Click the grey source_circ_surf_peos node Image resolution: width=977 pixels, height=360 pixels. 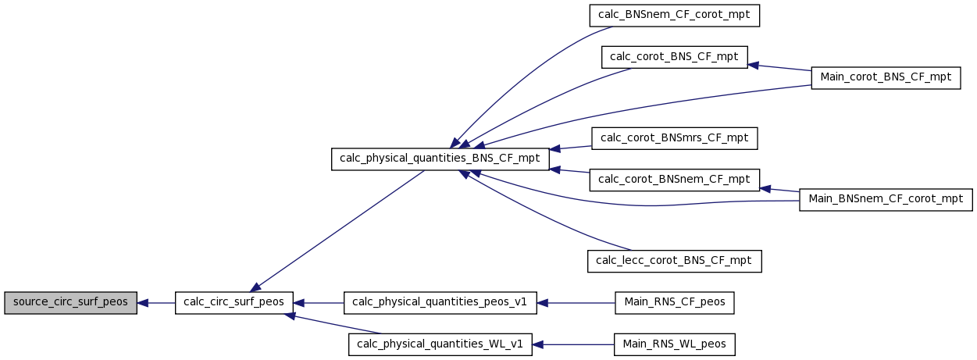[x=70, y=303]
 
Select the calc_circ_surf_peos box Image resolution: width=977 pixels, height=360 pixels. [x=234, y=303]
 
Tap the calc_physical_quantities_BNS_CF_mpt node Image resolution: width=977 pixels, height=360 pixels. [x=440, y=159]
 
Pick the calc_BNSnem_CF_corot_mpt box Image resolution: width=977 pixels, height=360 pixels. [x=674, y=16]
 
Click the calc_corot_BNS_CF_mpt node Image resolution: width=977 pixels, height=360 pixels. [x=674, y=57]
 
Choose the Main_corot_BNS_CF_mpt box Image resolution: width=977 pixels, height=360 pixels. [x=886, y=78]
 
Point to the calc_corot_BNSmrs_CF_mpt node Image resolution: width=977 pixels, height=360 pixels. [x=674, y=138]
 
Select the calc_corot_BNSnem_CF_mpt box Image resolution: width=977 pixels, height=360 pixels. [x=674, y=180]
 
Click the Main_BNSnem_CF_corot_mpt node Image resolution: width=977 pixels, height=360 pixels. [x=886, y=200]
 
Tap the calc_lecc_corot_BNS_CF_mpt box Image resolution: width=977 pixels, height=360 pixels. [x=674, y=262]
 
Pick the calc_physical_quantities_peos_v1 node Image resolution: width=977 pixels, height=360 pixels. [x=440, y=303]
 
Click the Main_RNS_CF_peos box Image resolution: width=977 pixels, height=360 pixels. [x=674, y=303]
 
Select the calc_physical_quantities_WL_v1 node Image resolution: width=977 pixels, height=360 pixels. [x=440, y=344]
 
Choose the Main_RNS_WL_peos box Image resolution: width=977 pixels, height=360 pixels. [x=674, y=344]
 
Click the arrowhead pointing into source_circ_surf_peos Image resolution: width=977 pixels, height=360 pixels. [x=142, y=303]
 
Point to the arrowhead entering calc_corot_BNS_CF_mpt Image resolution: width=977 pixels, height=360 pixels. [x=753, y=66]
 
